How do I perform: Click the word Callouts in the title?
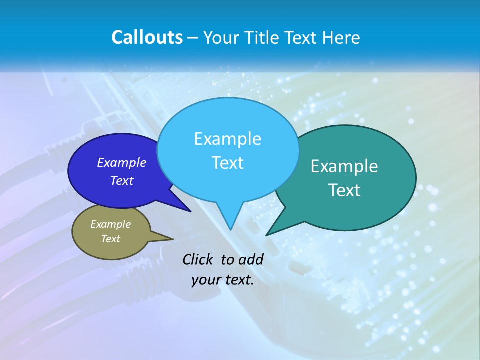click(x=147, y=38)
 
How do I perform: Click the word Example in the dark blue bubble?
click(x=122, y=163)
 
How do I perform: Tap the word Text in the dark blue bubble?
click(x=122, y=181)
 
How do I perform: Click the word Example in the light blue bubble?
click(x=227, y=139)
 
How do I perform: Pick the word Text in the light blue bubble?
click(x=227, y=163)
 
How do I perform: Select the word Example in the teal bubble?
click(x=344, y=166)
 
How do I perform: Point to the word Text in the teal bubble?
click(x=344, y=190)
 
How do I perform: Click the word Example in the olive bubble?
click(x=110, y=225)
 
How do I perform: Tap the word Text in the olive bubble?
click(x=110, y=239)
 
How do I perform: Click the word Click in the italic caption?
click(x=199, y=259)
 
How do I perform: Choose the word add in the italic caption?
click(x=250, y=259)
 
